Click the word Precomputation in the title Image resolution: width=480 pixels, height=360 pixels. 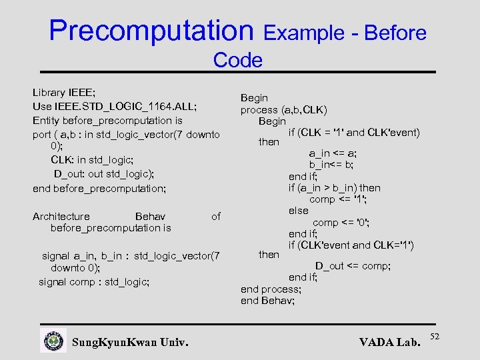(151, 31)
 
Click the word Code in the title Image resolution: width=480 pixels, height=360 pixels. (238, 61)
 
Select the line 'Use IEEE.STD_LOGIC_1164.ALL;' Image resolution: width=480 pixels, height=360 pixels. (115, 107)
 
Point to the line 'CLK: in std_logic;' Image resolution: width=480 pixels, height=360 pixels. (92, 160)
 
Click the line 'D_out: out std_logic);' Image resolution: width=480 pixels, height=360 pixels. (104, 174)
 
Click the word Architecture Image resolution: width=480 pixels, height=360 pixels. (61, 216)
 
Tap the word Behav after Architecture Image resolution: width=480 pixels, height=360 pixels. (150, 216)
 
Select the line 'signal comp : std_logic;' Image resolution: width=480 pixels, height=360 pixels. (94, 281)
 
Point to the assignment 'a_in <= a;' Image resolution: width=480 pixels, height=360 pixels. (333, 153)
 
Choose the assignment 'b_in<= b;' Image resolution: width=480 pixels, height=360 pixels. (331, 165)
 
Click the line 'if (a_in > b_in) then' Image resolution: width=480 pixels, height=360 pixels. (335, 187)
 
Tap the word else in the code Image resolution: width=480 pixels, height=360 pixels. (299, 211)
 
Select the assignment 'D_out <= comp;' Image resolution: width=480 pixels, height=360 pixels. (353, 266)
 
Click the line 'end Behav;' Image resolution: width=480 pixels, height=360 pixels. (268, 301)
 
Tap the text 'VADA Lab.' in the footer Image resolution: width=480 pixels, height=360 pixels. (390, 343)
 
